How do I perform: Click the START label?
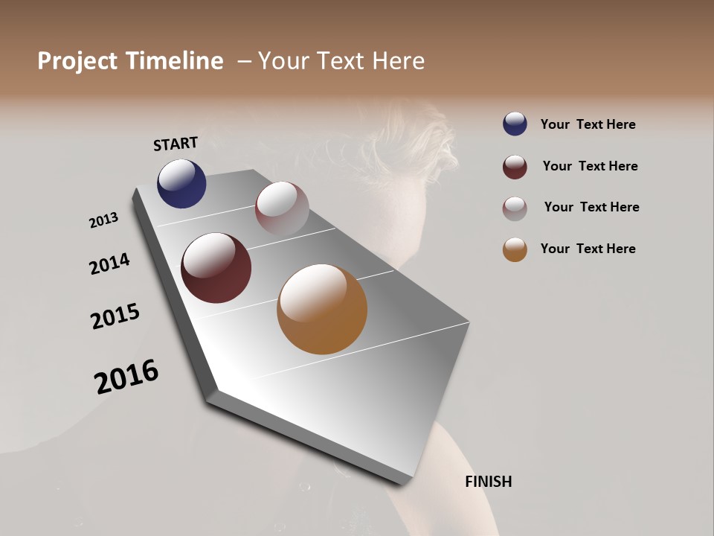click(x=176, y=144)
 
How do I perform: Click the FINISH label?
click(x=488, y=482)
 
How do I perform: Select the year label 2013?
click(x=103, y=220)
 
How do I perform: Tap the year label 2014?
click(x=109, y=264)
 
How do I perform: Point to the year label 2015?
click(x=115, y=316)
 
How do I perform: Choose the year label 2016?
click(x=126, y=377)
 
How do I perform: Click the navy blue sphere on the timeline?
click(x=181, y=184)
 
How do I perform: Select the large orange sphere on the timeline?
click(x=322, y=309)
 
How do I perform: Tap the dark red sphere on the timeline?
click(x=216, y=268)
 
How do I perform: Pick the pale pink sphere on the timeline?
click(x=282, y=208)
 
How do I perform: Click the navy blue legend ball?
click(x=515, y=124)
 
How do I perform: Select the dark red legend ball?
click(x=515, y=167)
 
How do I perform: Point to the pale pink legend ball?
click(x=515, y=208)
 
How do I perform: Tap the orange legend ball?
click(x=515, y=250)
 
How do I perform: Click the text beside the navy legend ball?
click(x=588, y=124)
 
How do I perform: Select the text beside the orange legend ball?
click(x=588, y=249)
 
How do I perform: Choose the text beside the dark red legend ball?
click(x=590, y=166)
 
